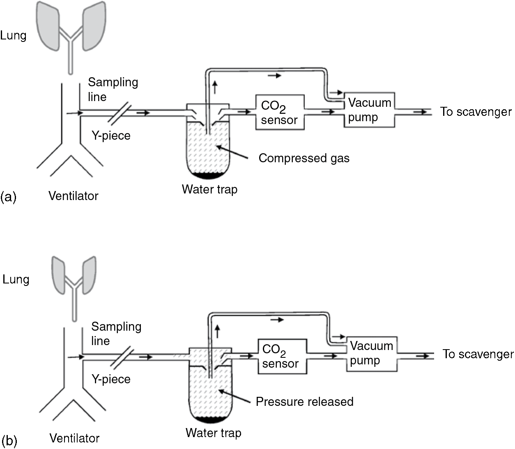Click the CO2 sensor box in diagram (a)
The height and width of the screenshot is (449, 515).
coord(280,112)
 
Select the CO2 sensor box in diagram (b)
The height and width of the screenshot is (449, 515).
coord(282,356)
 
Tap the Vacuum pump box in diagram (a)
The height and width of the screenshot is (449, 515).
coord(369,110)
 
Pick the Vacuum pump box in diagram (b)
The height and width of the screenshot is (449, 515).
coord(372,353)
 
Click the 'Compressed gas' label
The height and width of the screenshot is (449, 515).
coord(304,158)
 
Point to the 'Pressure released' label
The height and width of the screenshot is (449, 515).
coord(304,401)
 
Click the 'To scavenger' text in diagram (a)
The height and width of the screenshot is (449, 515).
coord(476,112)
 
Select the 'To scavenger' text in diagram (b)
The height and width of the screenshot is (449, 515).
coord(478,354)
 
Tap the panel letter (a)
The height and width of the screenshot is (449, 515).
coord(8,197)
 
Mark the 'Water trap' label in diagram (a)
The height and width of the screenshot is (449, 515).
coord(209,189)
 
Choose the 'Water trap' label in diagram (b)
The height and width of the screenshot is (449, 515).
coord(213,433)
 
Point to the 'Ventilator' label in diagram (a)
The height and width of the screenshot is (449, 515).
coord(73,196)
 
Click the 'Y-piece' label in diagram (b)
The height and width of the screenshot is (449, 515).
coord(111,379)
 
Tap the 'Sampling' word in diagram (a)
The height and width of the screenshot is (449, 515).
coord(113,82)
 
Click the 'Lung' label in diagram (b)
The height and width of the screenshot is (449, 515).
coord(16,280)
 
